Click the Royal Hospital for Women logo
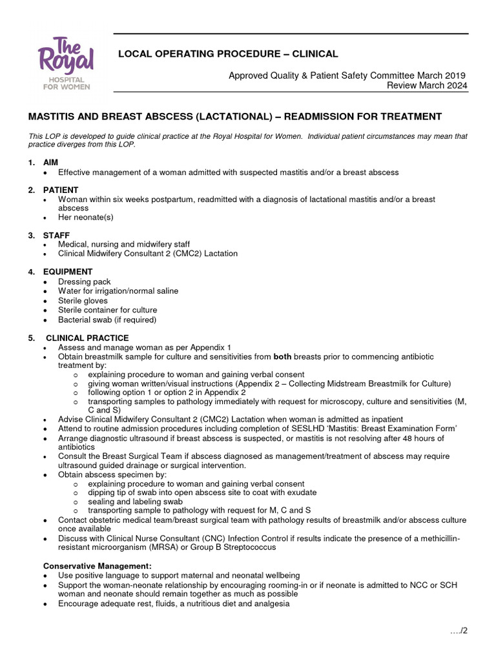click(x=66, y=63)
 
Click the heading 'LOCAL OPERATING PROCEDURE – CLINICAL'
click(x=227, y=54)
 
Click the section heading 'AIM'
click(x=52, y=163)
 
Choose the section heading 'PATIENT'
click(x=61, y=190)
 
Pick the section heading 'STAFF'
click(x=57, y=235)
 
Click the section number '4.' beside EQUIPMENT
click(x=32, y=272)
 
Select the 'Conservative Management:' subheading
click(x=97, y=566)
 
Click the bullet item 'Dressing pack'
click(x=84, y=282)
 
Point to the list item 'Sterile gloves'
click(x=83, y=301)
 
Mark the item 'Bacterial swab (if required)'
click(x=107, y=320)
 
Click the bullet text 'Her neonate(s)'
click(x=85, y=218)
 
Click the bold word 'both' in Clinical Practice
click(x=283, y=357)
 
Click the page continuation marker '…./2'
click(x=459, y=631)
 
